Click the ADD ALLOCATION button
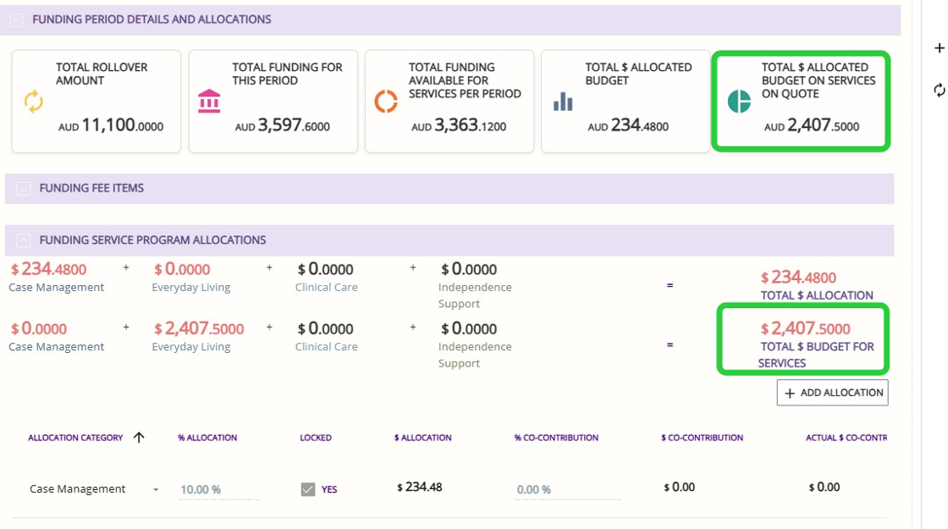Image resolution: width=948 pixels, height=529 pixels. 832,393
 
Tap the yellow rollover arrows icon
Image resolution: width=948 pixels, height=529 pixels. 33,102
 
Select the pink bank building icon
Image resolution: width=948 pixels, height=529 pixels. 209,102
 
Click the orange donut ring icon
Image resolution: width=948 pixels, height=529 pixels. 386,102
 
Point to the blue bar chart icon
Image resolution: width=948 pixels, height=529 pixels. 563,102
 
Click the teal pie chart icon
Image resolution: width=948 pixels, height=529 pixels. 739,101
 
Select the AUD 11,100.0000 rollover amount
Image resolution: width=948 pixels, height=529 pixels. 111,126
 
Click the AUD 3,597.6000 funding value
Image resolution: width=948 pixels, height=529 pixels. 283,126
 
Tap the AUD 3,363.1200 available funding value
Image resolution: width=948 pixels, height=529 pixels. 459,126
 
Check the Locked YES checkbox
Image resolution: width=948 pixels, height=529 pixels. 308,489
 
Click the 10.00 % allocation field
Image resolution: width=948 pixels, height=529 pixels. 201,489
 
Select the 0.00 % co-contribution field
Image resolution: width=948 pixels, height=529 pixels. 534,489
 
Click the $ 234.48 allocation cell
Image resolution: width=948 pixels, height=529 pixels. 419,487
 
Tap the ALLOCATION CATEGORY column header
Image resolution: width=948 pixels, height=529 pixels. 75,438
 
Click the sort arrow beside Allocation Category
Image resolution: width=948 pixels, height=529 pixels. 140,437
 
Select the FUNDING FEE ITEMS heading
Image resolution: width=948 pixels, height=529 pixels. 91,188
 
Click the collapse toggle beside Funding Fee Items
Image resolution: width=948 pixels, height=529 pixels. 24,189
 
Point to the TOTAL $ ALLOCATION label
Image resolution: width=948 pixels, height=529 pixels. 817,295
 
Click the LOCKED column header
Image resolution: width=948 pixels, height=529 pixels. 316,438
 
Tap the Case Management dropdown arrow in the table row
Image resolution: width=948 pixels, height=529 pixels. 156,489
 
